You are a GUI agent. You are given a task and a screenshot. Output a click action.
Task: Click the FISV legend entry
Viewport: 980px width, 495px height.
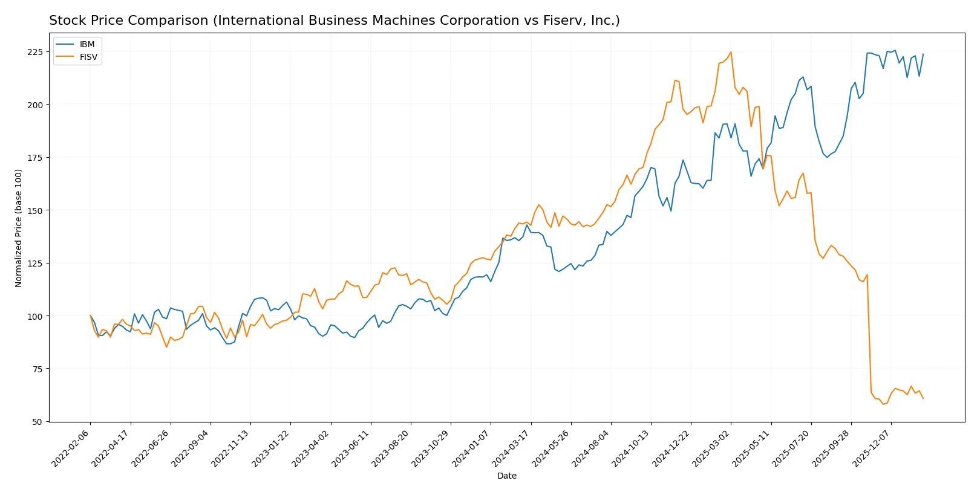[x=88, y=57]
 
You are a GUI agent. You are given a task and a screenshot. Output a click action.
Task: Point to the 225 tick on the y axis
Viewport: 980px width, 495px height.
[x=35, y=52]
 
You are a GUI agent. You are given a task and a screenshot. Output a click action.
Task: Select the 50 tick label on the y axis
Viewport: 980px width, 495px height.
[x=38, y=422]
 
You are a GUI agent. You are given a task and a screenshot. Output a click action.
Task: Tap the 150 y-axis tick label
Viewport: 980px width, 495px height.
[x=35, y=210]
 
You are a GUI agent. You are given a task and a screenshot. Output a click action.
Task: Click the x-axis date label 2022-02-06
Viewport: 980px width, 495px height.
[x=71, y=448]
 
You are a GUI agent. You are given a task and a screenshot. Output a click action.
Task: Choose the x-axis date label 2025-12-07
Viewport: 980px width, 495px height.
[x=872, y=448]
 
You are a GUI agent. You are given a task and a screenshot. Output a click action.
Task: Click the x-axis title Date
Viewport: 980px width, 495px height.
[x=506, y=476]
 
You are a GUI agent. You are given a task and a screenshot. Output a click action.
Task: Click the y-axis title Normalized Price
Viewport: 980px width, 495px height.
[x=19, y=228]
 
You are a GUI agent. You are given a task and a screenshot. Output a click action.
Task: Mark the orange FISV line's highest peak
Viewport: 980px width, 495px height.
[x=731, y=52]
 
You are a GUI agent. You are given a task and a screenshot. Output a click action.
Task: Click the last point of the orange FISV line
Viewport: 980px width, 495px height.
[x=923, y=398]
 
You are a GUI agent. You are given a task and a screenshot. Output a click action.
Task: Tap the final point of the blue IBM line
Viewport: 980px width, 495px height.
[x=923, y=54]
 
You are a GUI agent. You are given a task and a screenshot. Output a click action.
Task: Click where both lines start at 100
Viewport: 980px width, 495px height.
[x=90, y=315]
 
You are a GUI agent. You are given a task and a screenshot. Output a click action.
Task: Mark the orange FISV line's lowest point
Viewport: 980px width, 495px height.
[x=883, y=404]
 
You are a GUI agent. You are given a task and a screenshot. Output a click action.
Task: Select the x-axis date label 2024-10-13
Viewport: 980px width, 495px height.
[x=632, y=448]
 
